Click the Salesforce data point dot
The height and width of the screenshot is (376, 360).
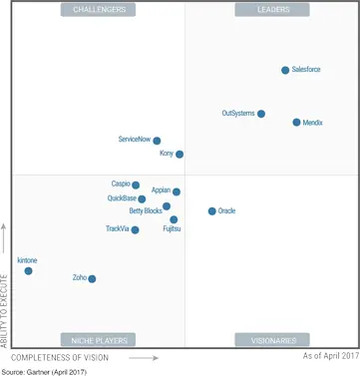coord(285,70)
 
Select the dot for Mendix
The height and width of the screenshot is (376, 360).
coord(296,122)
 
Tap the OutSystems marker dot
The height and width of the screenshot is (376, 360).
coord(261,114)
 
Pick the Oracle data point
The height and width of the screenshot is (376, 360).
coord(211,211)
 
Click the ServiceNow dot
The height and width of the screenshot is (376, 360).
coord(157,141)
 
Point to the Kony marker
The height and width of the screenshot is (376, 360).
coord(180,155)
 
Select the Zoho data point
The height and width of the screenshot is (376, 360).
coord(92,278)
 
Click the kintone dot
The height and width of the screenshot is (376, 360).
coord(28,270)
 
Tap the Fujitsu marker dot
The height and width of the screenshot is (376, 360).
coord(174,219)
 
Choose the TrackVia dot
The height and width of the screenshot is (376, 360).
coord(135,229)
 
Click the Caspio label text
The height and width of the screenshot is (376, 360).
coord(120,184)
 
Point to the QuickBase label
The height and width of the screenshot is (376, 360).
coord(122,197)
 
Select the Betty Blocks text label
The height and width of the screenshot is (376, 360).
coord(145,210)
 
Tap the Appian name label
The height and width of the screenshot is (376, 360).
coord(161,188)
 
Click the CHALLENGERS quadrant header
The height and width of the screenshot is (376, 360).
coord(99,10)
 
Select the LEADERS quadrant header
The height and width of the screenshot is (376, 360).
coord(260,10)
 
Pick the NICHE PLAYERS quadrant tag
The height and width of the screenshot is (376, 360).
coord(99,340)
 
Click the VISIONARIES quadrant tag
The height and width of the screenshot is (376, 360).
coord(260,340)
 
